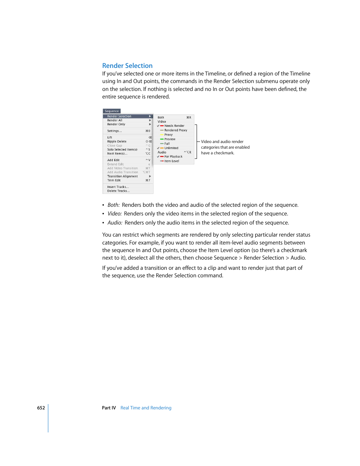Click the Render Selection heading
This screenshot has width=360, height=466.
[127, 66]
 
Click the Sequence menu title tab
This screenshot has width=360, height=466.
[112, 111]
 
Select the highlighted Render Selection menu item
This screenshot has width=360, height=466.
[119, 116]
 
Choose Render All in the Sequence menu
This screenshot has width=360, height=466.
[115, 120]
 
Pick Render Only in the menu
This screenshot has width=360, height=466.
[116, 124]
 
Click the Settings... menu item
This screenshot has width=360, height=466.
[114, 131]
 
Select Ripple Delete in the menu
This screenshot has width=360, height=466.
[117, 141]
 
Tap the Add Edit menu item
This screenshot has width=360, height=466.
[113, 160]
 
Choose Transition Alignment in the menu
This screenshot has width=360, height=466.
[122, 176]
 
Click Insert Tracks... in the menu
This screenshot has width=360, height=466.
[118, 187]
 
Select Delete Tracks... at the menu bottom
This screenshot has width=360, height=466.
[118, 191]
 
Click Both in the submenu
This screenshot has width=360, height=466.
[161, 117]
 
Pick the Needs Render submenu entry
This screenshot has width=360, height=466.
[174, 126]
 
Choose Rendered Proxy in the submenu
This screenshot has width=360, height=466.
[175, 130]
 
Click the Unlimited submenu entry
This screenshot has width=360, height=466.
[171, 148]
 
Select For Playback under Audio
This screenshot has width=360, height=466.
[173, 157]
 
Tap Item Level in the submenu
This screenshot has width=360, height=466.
[172, 161]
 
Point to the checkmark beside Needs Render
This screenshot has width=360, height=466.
[158, 126]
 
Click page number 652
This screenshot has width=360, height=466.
[41, 408]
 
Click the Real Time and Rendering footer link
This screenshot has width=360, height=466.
[146, 408]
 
